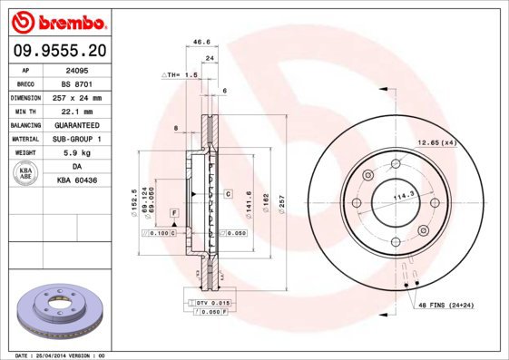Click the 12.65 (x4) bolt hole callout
pos(436,142)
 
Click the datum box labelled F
pos(172,211)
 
